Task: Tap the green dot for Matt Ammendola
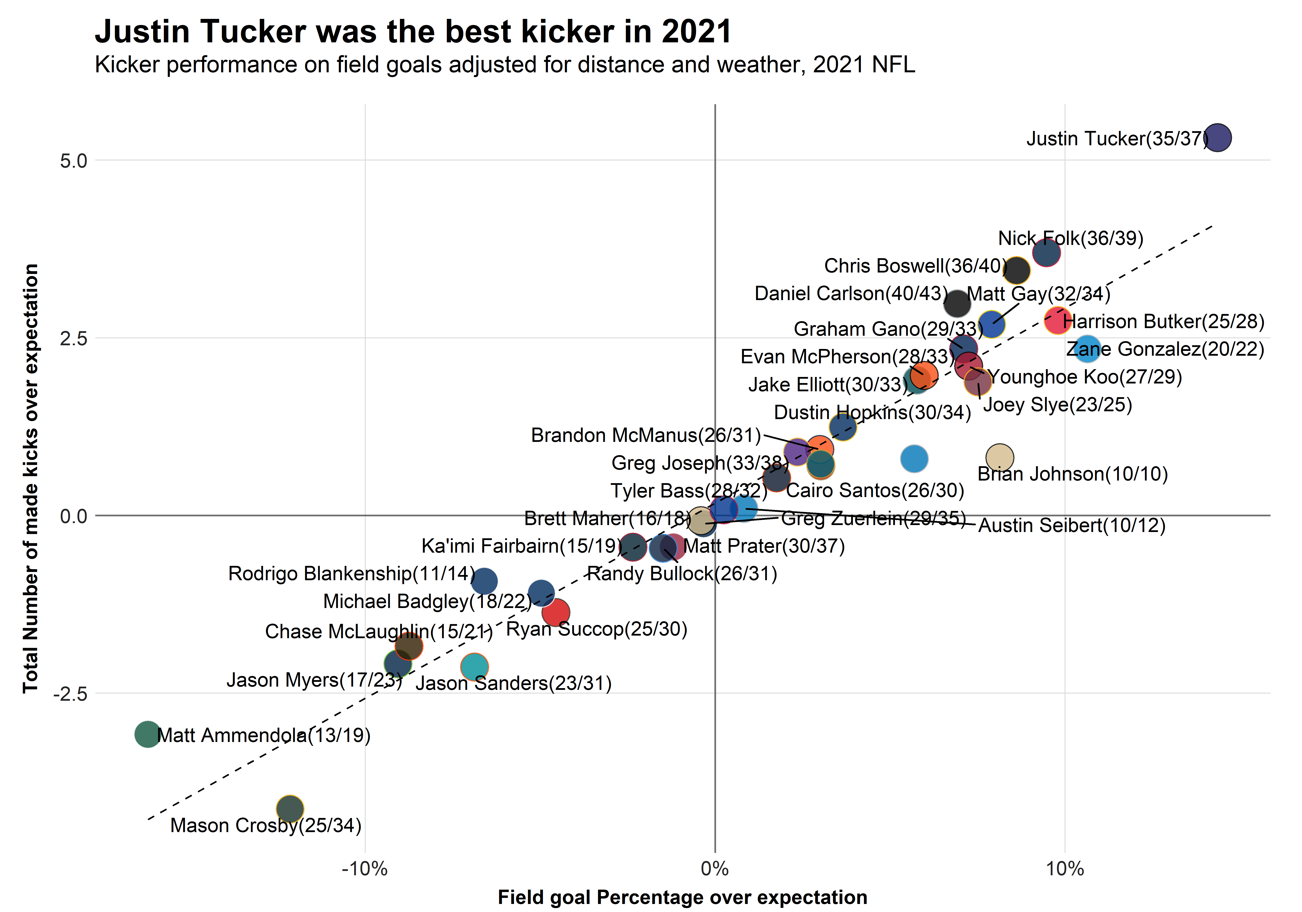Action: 147,734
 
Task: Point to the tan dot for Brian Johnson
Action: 999,458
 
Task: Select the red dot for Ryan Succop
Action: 556,612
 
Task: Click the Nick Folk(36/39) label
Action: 1071,238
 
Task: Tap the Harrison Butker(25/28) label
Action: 1164,321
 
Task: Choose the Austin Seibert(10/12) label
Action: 1072,525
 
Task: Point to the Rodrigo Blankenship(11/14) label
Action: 352,574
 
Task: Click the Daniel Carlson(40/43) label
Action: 851,293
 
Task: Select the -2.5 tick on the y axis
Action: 70,694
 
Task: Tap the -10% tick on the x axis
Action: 365,868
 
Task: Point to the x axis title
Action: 682,897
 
